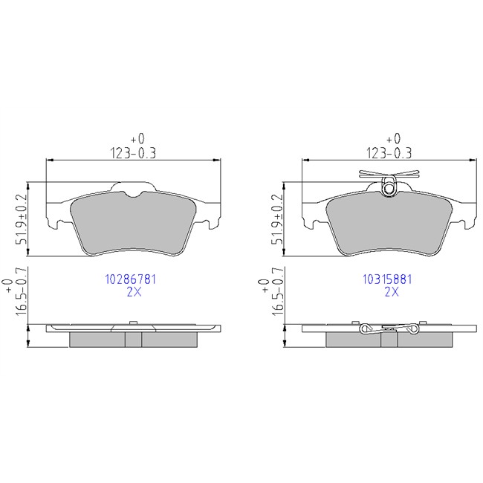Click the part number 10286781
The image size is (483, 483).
point(131,279)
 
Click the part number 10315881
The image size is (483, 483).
point(387,279)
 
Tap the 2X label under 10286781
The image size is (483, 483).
point(134,291)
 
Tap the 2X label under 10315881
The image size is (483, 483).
point(392,291)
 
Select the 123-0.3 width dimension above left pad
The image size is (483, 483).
point(133,153)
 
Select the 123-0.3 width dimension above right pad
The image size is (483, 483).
point(389,153)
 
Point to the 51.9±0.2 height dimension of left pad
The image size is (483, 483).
point(22,219)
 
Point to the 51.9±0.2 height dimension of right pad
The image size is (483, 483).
point(276,219)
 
